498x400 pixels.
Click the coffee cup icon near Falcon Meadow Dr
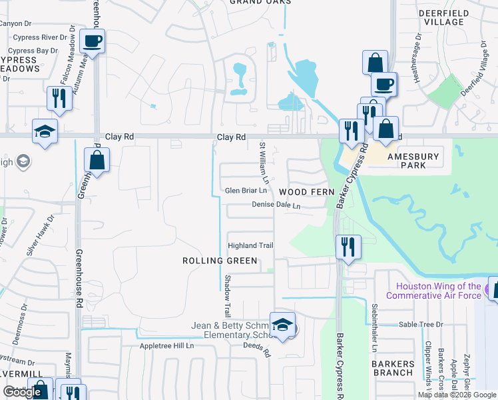tap(92, 41)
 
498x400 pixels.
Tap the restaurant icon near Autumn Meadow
tap(59, 97)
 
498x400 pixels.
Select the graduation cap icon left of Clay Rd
tap(44, 131)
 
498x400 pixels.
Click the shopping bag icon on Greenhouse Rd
tap(97, 160)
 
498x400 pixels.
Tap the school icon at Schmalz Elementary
tap(283, 325)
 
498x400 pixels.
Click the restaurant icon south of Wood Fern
tap(348, 247)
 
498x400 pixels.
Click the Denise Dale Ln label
tap(276, 206)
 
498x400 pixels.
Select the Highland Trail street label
tap(251, 246)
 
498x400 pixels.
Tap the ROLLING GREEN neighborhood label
tap(220, 261)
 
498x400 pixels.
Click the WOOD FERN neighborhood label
tap(306, 192)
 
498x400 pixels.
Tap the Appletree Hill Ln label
tap(166, 346)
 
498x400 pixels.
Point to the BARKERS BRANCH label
tap(393, 368)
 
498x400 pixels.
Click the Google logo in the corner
tap(22, 392)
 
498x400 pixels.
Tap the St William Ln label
tap(264, 163)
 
